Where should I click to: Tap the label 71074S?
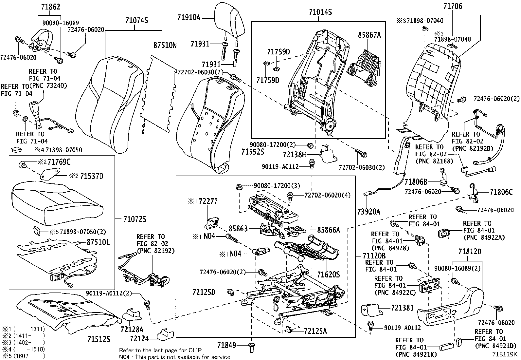point(136,21)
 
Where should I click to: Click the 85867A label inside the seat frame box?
point(369,35)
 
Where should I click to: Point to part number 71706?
point(453,6)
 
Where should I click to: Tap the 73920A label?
point(369,212)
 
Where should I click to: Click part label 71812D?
point(470,252)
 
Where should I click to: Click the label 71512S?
point(98,339)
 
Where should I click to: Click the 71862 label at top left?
point(51,7)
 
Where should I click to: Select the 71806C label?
point(501,192)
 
